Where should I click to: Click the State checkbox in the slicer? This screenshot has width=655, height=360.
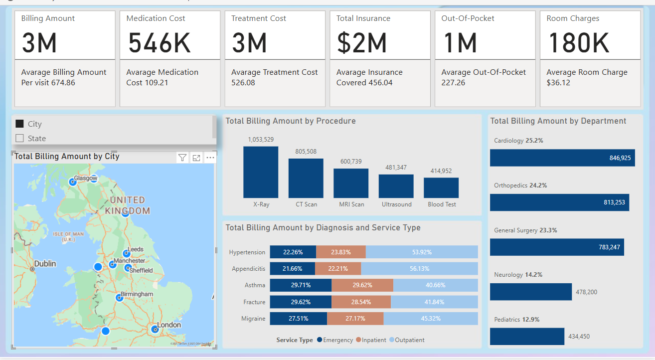[x=20, y=139]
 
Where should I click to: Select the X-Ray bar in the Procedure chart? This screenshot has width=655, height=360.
[x=261, y=172]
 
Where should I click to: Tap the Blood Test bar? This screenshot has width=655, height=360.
[x=441, y=188]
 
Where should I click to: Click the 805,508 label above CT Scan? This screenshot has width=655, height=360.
[x=306, y=152]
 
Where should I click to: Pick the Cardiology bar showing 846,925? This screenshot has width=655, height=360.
[x=562, y=158]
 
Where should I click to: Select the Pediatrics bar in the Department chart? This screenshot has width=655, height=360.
[x=527, y=336]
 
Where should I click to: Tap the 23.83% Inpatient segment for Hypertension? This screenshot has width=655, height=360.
[x=340, y=252]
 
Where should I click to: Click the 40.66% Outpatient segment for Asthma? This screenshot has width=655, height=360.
[x=435, y=285]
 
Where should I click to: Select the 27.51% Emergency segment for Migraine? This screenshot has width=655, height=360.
[x=298, y=319]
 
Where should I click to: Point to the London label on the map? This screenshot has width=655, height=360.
[x=169, y=325]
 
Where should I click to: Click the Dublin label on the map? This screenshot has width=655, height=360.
[x=45, y=264]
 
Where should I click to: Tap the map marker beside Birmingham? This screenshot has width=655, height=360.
[x=119, y=298]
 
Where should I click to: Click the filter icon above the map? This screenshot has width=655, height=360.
[x=182, y=158]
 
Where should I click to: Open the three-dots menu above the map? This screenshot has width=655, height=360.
[x=210, y=158]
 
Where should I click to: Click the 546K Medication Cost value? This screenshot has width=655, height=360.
[x=159, y=43]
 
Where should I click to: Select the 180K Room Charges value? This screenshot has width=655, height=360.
[x=578, y=43]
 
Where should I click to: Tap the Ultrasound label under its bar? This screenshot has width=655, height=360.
[x=396, y=204]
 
